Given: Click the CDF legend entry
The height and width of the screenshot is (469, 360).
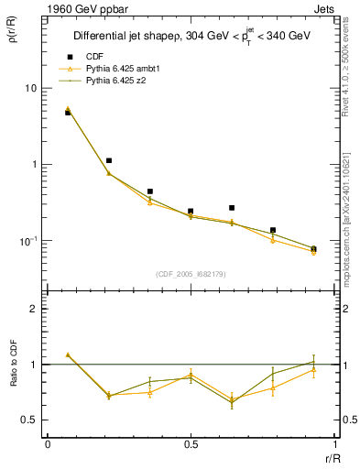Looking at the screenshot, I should point(92,57).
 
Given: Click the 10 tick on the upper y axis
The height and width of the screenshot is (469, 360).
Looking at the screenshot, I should point(30,88).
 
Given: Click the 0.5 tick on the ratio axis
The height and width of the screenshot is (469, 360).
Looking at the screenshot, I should point(30,420).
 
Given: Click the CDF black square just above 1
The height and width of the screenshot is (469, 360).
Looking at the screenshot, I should point(109,160).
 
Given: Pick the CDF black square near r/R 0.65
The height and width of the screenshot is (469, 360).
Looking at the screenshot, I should point(232,208).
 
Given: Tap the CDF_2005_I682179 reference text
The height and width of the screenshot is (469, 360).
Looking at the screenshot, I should point(190,273).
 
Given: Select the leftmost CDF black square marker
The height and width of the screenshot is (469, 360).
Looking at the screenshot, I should point(68,113).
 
